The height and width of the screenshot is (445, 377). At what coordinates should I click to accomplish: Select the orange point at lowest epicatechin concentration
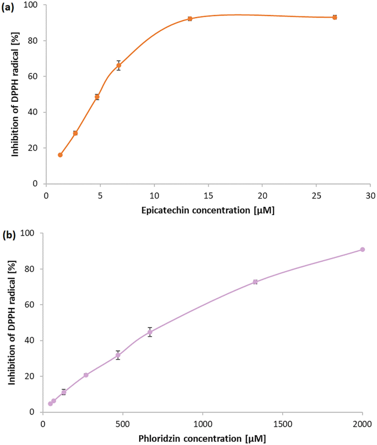tap(60, 155)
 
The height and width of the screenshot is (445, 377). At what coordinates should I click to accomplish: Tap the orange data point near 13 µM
tap(190, 19)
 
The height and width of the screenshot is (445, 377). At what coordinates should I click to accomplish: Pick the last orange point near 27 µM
tap(335, 18)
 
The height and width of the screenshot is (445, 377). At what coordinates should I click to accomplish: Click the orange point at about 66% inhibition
tap(118, 65)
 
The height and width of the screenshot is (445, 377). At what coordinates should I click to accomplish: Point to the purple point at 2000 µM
tap(362, 250)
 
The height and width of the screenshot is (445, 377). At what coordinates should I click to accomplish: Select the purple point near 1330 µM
tap(255, 282)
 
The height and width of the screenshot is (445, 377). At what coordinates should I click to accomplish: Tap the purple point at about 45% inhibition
tap(150, 332)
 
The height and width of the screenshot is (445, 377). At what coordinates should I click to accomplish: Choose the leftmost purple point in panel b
tap(50, 403)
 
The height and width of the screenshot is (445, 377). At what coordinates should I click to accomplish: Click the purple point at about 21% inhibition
tap(86, 375)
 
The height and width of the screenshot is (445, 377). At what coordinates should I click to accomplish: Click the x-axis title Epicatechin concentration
tap(208, 210)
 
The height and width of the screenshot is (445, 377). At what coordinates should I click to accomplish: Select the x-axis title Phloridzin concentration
tap(203, 438)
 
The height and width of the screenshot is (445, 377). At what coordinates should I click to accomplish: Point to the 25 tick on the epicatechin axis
tap(316, 196)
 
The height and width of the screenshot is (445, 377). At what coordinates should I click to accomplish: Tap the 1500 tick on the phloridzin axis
tap(282, 424)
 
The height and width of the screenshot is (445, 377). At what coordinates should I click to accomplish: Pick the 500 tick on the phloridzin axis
tap(123, 424)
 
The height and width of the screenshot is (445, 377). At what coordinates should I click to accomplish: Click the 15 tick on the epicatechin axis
tap(208, 196)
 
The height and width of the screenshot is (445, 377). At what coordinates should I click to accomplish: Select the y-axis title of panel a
tap(15, 94)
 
